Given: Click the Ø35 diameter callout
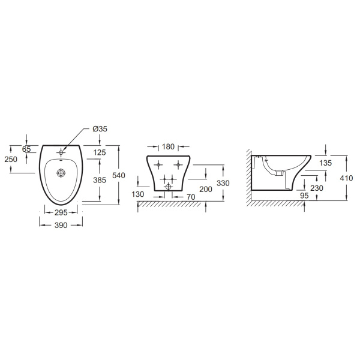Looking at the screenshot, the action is pyautogui.click(x=100, y=129).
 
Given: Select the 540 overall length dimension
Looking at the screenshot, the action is pyautogui.click(x=119, y=175).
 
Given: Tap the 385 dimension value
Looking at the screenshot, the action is pyautogui.click(x=100, y=180).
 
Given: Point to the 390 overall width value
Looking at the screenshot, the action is pyautogui.click(x=61, y=225).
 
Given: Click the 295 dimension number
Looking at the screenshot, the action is pyautogui.click(x=61, y=212).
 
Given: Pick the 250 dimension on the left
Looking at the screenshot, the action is pyautogui.click(x=11, y=159).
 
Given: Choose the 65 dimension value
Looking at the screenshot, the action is pyautogui.click(x=26, y=149).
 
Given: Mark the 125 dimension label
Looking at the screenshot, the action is pyautogui.click(x=100, y=152).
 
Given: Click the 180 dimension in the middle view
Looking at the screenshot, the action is pyautogui.click(x=168, y=146).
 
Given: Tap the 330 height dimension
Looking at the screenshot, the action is pyautogui.click(x=223, y=183).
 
